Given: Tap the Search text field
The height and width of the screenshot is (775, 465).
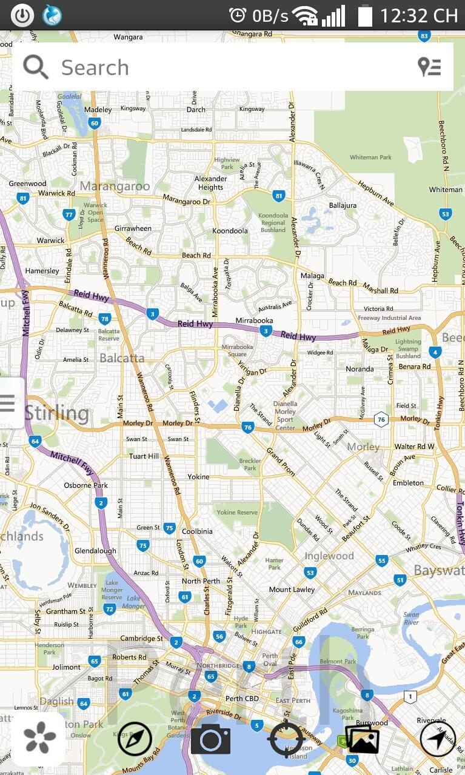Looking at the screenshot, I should (x=230, y=67).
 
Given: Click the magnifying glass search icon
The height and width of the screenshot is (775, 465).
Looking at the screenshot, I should (x=36, y=67).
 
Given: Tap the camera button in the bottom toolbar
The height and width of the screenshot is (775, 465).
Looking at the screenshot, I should (x=210, y=739).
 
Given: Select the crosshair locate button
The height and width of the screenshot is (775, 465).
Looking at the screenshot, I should (x=286, y=739).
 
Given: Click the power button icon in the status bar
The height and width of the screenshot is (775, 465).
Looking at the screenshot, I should (x=22, y=15).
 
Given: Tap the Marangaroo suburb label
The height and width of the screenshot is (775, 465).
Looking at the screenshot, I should (x=115, y=186).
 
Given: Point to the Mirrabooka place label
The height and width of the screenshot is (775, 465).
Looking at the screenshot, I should (x=254, y=321).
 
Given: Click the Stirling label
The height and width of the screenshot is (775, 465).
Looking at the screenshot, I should (x=57, y=414).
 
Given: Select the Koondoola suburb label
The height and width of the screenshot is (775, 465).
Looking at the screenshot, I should (x=230, y=231).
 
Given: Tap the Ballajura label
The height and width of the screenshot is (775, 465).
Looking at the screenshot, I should (x=343, y=205).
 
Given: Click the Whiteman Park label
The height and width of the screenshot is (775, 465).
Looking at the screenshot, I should (x=370, y=158).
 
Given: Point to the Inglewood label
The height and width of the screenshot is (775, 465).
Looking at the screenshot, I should (x=329, y=556).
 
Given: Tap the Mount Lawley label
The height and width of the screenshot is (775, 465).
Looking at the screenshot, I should (x=292, y=590).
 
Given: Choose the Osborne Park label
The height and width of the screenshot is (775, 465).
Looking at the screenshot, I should (x=86, y=485).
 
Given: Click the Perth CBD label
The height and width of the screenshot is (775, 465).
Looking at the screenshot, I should (x=243, y=699).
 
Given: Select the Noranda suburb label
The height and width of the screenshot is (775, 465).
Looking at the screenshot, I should (x=360, y=369).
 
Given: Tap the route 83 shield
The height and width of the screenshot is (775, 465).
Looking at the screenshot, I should (x=424, y=36).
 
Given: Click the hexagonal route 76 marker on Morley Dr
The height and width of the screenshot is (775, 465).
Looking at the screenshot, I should (x=381, y=419).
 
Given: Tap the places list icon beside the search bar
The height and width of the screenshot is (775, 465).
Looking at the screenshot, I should (x=430, y=67).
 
